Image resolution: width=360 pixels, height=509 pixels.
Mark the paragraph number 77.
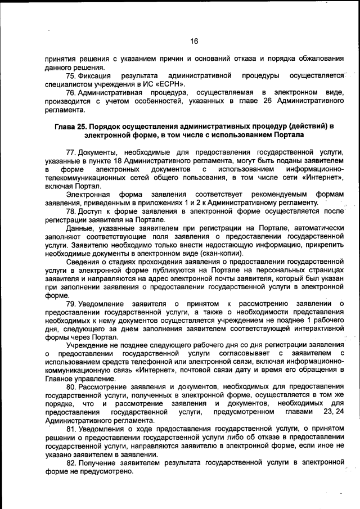tap(71, 152)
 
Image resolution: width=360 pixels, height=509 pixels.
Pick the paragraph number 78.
tap(71, 211)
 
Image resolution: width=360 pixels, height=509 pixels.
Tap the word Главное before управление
tap(62, 379)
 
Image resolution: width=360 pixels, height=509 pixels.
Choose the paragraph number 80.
tap(71, 388)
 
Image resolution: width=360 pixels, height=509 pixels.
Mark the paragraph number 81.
tap(71, 429)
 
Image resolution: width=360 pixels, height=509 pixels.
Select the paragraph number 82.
tap(71, 462)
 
